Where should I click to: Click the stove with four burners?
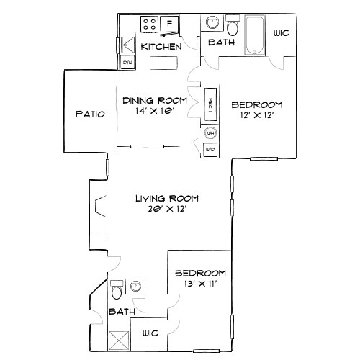point(150,24)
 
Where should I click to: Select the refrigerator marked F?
point(170,24)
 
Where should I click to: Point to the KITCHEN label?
point(161,46)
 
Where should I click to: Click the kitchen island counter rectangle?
point(165,63)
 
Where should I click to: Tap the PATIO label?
point(90,114)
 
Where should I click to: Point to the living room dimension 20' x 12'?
point(168,210)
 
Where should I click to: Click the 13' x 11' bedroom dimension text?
point(201,285)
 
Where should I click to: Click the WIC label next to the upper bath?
point(282,33)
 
